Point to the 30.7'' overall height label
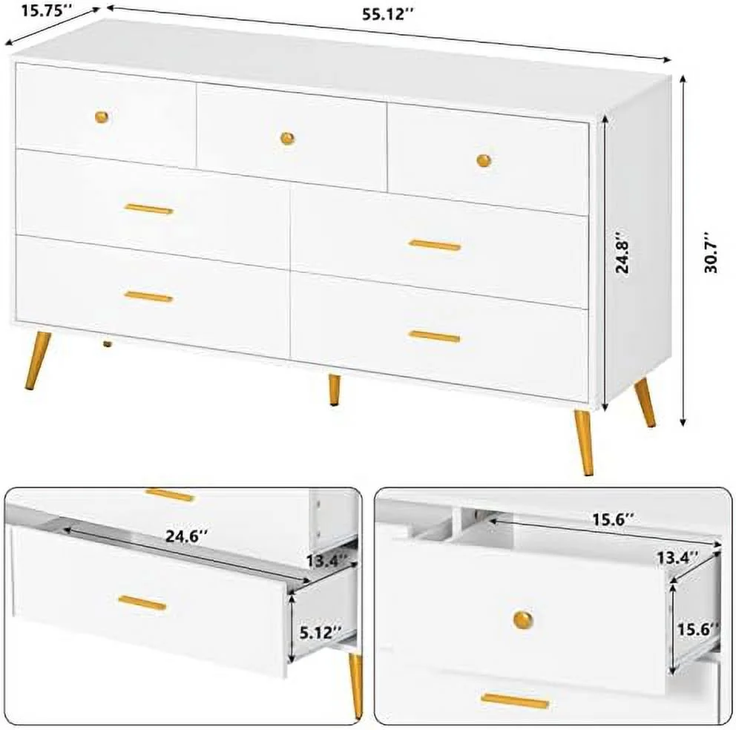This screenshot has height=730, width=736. point(711,257)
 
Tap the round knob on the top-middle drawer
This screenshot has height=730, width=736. point(287,137)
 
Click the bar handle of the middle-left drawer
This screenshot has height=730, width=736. point(148,209)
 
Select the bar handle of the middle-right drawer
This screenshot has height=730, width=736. point(435,245)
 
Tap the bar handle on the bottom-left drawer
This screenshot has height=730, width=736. point(148,297)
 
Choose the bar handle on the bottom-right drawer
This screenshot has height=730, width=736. point(434,337)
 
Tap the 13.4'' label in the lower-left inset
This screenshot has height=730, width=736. point(327,562)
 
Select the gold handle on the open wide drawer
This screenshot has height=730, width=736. point(142,602)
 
